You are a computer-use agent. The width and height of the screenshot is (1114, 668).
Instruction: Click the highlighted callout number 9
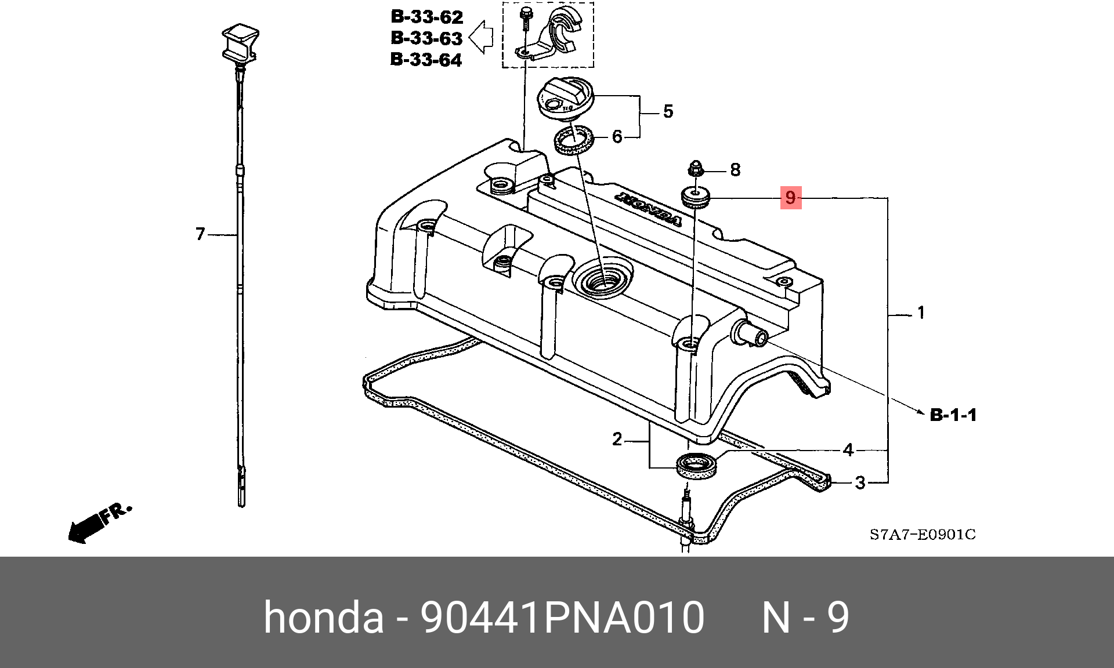790,198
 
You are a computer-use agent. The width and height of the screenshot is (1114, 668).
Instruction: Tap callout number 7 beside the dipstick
201,234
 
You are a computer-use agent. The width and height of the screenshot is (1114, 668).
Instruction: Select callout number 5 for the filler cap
668,111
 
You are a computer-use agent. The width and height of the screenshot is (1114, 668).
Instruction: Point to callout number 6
617,137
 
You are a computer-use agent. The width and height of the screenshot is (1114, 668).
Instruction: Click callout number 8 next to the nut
735,170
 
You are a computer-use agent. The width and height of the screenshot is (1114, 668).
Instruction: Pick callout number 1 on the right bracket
921,313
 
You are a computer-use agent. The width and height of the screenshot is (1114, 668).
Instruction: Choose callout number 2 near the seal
617,439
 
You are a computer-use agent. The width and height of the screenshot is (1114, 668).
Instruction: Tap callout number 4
848,450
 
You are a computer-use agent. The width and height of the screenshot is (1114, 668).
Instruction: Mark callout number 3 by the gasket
860,482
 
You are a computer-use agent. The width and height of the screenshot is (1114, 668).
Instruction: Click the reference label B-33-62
427,17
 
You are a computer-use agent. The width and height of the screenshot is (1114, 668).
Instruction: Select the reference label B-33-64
426,60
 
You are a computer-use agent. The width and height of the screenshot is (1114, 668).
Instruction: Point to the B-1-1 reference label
953,415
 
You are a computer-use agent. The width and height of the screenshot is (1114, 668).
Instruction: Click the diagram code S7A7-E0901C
923,535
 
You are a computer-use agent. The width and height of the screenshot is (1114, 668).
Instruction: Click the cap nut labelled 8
696,169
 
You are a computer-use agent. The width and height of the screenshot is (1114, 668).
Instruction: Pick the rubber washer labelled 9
696,197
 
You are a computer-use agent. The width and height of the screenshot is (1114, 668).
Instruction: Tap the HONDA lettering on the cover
649,209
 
